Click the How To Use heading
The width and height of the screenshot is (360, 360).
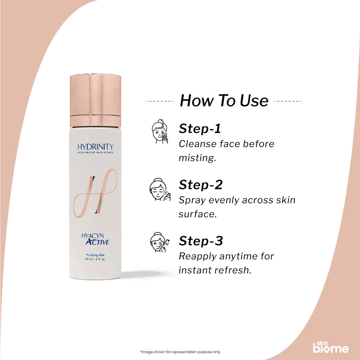tap(224, 101)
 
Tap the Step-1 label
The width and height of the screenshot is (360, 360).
tap(200, 129)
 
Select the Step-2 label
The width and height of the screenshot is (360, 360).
tap(201, 185)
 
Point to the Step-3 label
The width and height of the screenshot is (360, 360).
tap(201, 241)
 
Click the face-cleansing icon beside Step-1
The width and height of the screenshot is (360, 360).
tap(159, 132)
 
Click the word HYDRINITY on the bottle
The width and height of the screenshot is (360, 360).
tap(95, 147)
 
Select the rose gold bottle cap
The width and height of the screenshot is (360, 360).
tap(95, 100)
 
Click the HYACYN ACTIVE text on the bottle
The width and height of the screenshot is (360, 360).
tap(95, 239)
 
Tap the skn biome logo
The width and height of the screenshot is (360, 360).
tap(330, 346)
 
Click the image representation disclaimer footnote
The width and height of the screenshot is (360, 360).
tap(180, 352)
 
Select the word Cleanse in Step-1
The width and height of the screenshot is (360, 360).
tap(197, 144)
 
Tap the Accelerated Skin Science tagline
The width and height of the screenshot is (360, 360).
tap(95, 153)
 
